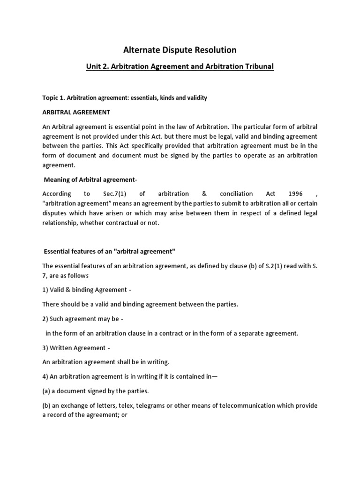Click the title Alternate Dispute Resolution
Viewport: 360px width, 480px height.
pos(180,49)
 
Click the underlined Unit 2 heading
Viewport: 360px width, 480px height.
pos(180,66)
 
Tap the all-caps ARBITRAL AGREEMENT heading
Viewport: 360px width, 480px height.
pos(76,112)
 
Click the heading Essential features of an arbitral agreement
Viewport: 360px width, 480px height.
pos(109,252)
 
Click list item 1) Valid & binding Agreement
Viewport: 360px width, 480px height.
pos(83,290)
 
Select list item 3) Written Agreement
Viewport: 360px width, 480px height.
pos(76,347)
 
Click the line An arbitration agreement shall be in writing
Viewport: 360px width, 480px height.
pos(105,362)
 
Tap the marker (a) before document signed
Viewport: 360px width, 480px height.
pos(47,390)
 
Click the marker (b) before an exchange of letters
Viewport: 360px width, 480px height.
pos(47,405)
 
